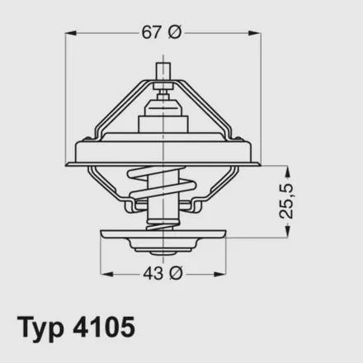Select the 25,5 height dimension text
[286, 201]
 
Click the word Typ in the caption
[40, 328]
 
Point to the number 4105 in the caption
[104, 328]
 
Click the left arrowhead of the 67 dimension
[71, 33]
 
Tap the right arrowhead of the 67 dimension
[254, 33]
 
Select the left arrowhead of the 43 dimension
[106, 274]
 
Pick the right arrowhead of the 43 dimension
[219, 274]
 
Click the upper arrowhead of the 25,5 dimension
[287, 171]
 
